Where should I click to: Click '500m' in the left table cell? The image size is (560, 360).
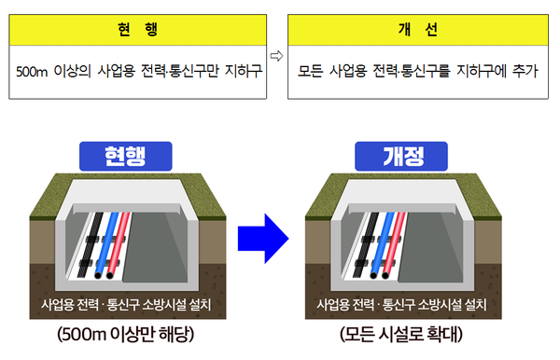35,70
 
